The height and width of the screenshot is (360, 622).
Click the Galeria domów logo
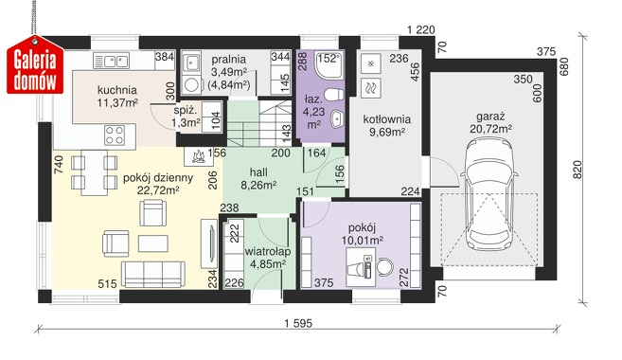(x=35, y=65)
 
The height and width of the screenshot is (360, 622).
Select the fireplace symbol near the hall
(x=199, y=156)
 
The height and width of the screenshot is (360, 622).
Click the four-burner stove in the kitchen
(x=115, y=135)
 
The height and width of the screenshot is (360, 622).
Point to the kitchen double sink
(x=112, y=61)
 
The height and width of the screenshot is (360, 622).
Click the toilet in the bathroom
(x=333, y=95)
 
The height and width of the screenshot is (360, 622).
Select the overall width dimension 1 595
(x=298, y=323)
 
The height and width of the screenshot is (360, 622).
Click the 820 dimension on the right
(x=577, y=170)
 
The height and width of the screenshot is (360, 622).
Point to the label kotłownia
(x=387, y=119)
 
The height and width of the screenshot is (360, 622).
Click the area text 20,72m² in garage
(x=490, y=129)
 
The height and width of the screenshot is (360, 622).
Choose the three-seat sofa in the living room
(x=152, y=274)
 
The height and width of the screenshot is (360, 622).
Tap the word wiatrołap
(x=268, y=252)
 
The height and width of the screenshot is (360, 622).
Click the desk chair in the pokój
(x=384, y=267)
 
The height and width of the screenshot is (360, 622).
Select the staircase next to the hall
(x=259, y=123)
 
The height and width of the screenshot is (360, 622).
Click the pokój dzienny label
(x=158, y=178)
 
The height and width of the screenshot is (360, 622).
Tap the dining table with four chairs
(x=94, y=172)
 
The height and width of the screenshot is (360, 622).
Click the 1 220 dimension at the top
(x=421, y=29)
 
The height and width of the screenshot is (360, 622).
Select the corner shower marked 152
(x=329, y=64)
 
